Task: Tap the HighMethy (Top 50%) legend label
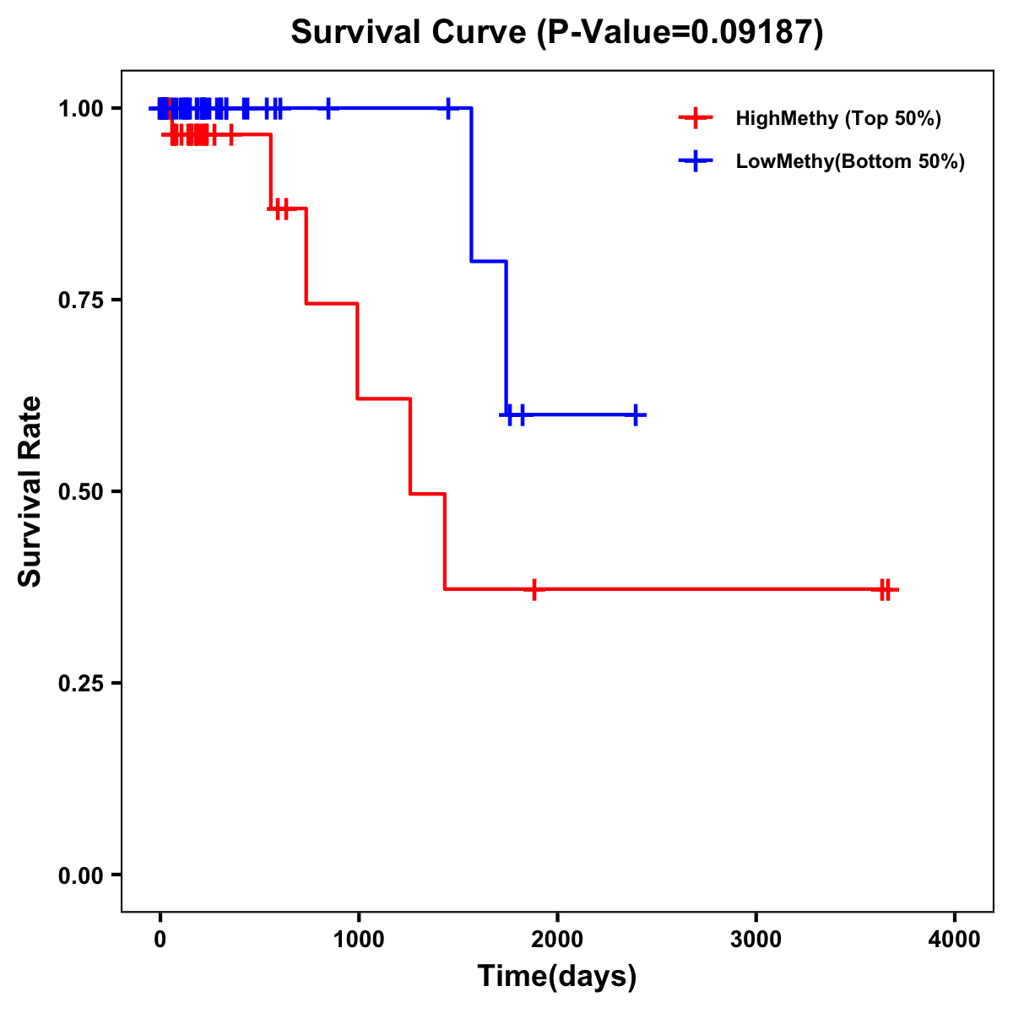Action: tap(838, 118)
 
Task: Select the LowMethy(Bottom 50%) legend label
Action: tap(850, 161)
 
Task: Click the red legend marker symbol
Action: tap(696, 118)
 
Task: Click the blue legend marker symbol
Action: tap(696, 161)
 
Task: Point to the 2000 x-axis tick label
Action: tap(557, 940)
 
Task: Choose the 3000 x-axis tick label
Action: tap(756, 940)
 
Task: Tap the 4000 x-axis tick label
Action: tap(955, 940)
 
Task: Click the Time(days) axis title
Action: tap(557, 977)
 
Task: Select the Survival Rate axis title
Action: tap(30, 491)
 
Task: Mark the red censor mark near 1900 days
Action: tap(534, 589)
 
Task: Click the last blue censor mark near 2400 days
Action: tap(636, 414)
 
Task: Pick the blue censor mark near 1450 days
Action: tap(448, 108)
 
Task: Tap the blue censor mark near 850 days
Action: tap(328, 108)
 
